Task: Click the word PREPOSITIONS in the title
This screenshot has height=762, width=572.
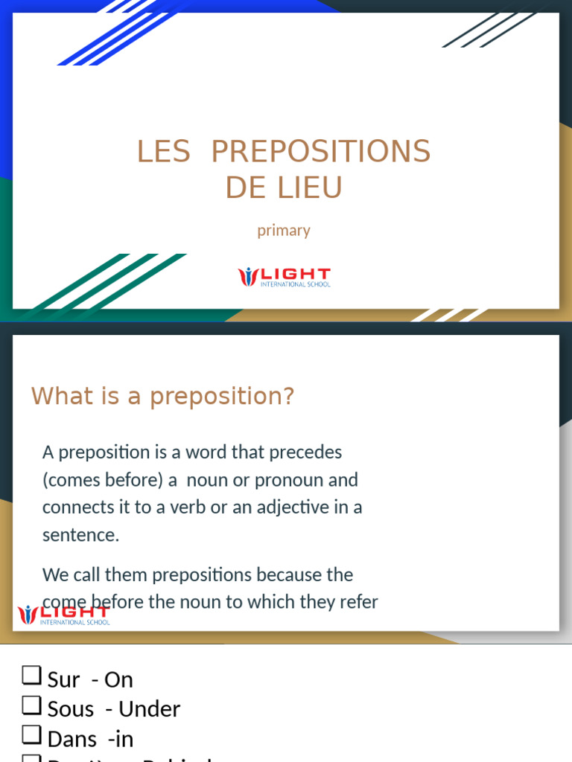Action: pos(320,152)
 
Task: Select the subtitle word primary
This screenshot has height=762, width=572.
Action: pos(284,230)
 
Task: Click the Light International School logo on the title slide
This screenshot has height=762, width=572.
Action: pos(284,277)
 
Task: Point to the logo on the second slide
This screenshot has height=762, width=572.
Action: pos(63,615)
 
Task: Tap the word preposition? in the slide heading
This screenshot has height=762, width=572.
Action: pos(222,397)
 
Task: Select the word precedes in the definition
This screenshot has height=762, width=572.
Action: pos(305,452)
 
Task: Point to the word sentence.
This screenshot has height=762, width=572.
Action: pos(80,535)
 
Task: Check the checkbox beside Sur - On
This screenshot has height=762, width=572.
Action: pos(31,676)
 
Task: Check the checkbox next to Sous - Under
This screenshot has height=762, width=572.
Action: pos(31,705)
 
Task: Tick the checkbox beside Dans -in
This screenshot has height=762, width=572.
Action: pos(31,734)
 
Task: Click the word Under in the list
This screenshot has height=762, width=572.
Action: pos(150,709)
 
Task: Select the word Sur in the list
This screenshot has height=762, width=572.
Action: pos(63,679)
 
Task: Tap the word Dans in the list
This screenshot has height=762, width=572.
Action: pos(72,739)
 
